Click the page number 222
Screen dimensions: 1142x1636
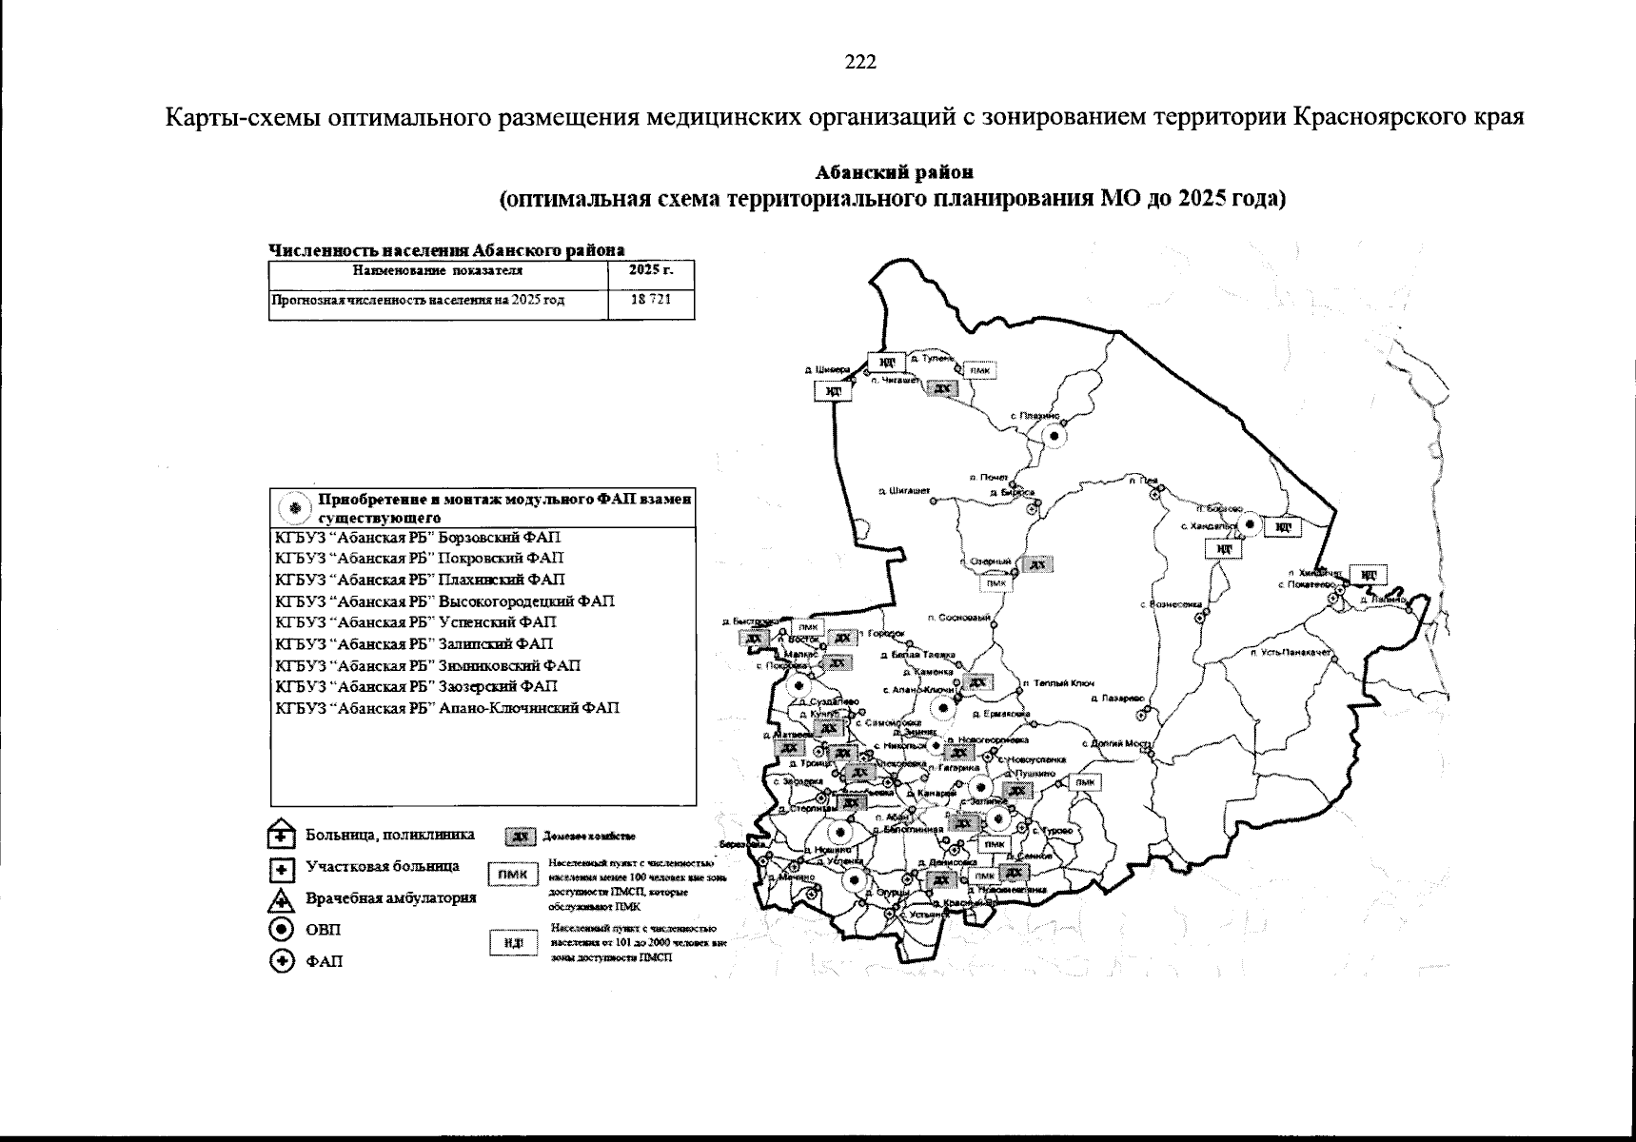click(860, 63)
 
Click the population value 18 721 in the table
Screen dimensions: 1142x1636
click(651, 300)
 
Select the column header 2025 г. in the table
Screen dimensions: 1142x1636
click(651, 270)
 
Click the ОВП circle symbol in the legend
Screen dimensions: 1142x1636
click(281, 930)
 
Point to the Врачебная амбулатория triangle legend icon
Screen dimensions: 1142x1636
click(281, 899)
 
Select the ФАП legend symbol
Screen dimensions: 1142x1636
click(281, 962)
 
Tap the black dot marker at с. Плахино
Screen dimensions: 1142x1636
click(1055, 435)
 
